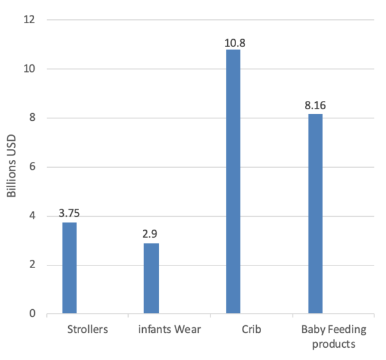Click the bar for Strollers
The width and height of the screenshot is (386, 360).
click(x=69, y=268)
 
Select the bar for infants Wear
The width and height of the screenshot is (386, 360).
click(x=151, y=278)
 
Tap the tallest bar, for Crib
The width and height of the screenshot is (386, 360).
click(x=233, y=182)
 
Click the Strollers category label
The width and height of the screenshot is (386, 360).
click(x=87, y=330)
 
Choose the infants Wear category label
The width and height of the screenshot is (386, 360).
click(x=170, y=330)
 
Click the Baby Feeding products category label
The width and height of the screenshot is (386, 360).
click(x=333, y=336)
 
